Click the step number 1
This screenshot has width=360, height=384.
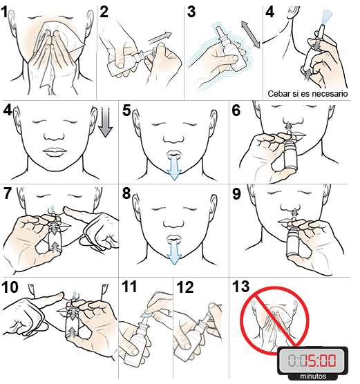pos(8,12)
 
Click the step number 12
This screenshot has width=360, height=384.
pos(184,287)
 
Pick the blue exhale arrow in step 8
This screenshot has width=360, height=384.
pos(176,251)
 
